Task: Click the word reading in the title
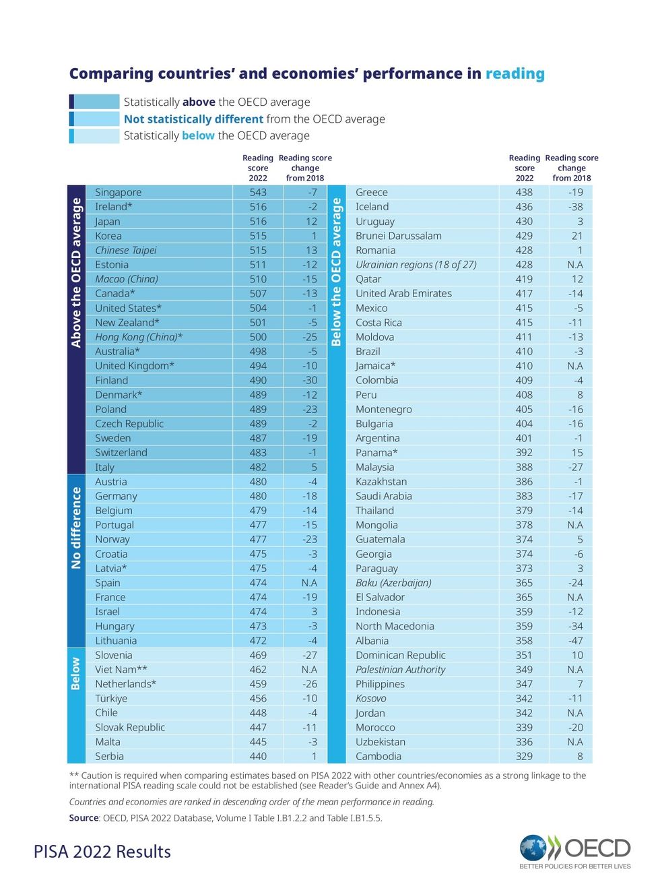[515, 73]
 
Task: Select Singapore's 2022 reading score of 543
[258, 193]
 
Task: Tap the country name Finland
[111, 381]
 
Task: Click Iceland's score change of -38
[574, 207]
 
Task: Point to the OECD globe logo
[533, 848]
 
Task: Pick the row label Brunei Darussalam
[398, 236]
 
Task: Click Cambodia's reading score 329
[524, 757]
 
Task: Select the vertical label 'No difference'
[76, 528]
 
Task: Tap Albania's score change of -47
[574, 641]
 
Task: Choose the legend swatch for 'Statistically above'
[95, 102]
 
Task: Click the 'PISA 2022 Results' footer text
[102, 852]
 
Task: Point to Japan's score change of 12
[311, 222]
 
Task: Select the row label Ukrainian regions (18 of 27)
[416, 265]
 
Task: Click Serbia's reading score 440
[258, 757]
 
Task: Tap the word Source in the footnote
[84, 818]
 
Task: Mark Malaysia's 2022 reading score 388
[524, 468]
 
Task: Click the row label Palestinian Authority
[400, 670]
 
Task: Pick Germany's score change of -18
[309, 497]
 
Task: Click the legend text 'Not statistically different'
[193, 119]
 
